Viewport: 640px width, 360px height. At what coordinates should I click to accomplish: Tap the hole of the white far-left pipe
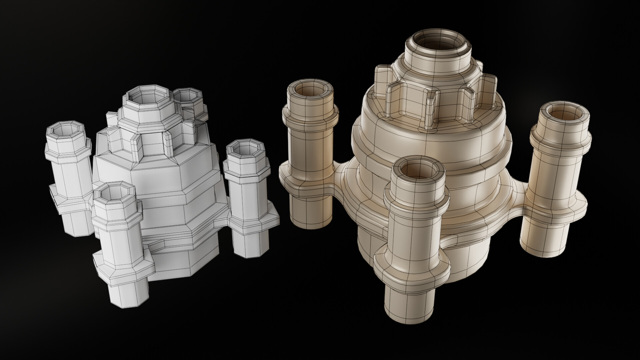pos(67,130)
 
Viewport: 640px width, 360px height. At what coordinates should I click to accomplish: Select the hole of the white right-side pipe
pos(245,148)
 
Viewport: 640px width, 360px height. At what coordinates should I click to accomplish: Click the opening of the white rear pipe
pos(188,97)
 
